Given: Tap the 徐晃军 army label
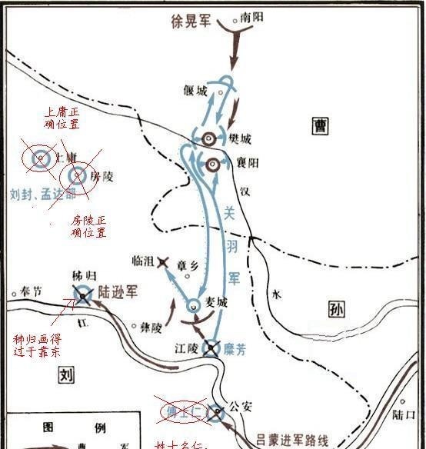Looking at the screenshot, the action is pyautogui.click(x=190, y=21).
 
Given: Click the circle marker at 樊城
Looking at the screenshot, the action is pyautogui.click(x=210, y=138).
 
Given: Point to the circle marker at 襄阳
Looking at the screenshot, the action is pyautogui.click(x=214, y=164).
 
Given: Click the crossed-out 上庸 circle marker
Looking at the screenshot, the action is pyautogui.click(x=38, y=158).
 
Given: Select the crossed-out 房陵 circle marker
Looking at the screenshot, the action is pyautogui.click(x=77, y=177).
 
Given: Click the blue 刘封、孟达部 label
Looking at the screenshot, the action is pyautogui.click(x=43, y=195).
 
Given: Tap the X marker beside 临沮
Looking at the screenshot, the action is pyautogui.click(x=163, y=262).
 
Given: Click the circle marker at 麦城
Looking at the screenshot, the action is pyautogui.click(x=193, y=303).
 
